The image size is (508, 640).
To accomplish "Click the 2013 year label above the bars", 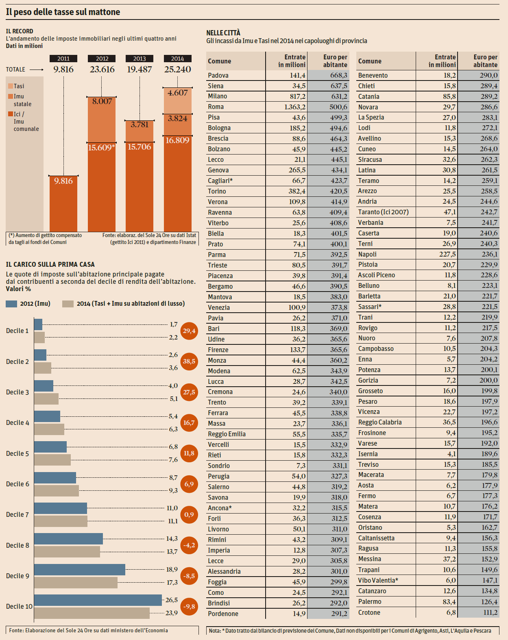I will click(140, 59).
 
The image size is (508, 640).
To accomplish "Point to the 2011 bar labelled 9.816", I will click(63, 203).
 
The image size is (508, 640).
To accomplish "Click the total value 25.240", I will click(177, 70).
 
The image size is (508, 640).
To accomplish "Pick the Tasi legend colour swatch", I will click(11, 86).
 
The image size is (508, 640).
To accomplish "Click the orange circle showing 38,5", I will click(189, 361).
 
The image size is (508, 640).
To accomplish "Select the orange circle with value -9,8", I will click(189, 606).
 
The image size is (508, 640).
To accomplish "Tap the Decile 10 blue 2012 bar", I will click(98, 600).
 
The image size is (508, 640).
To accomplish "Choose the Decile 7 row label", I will click(17, 515).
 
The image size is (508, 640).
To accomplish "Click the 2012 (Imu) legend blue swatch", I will click(11, 304).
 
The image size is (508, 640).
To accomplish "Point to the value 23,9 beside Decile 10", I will click(172, 613).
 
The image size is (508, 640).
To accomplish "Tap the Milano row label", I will click(218, 96).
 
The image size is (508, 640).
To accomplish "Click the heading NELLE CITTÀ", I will click(223, 33).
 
